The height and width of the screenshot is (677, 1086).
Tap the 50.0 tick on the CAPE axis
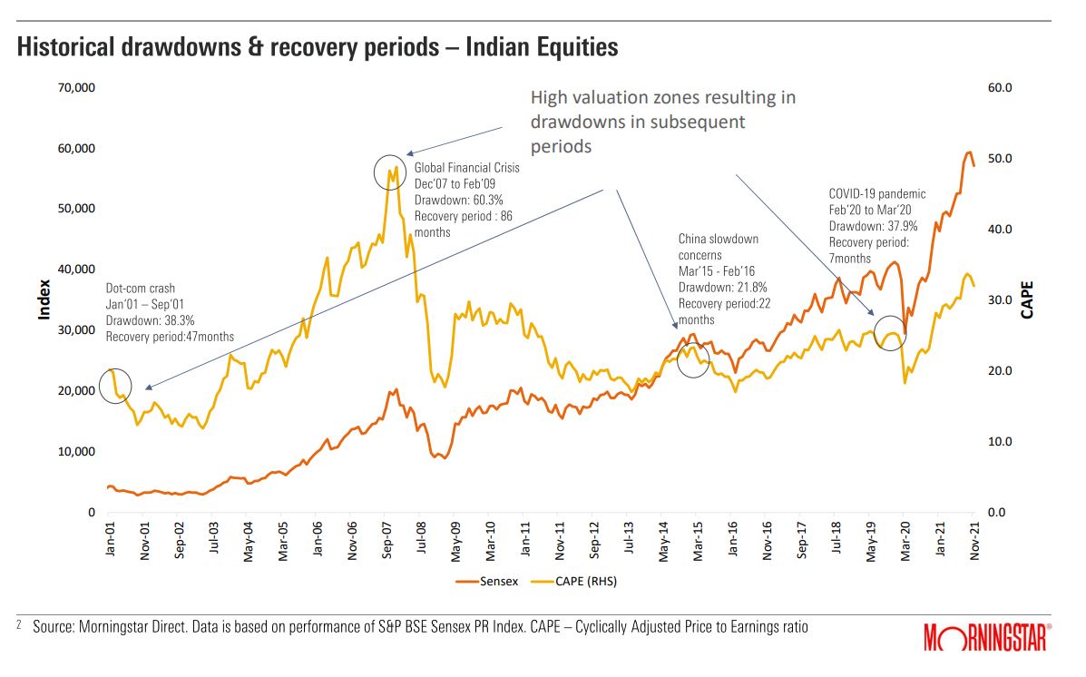[998, 159]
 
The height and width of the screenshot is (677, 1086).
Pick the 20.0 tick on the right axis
[998, 371]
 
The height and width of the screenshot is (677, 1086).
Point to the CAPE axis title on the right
[1028, 300]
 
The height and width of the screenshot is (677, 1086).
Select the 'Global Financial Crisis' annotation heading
[467, 167]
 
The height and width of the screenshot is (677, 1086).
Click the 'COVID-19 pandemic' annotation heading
[877, 193]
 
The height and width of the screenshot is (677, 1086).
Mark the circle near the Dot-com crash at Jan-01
[115, 386]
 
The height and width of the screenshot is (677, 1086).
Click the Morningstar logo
[987, 638]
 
